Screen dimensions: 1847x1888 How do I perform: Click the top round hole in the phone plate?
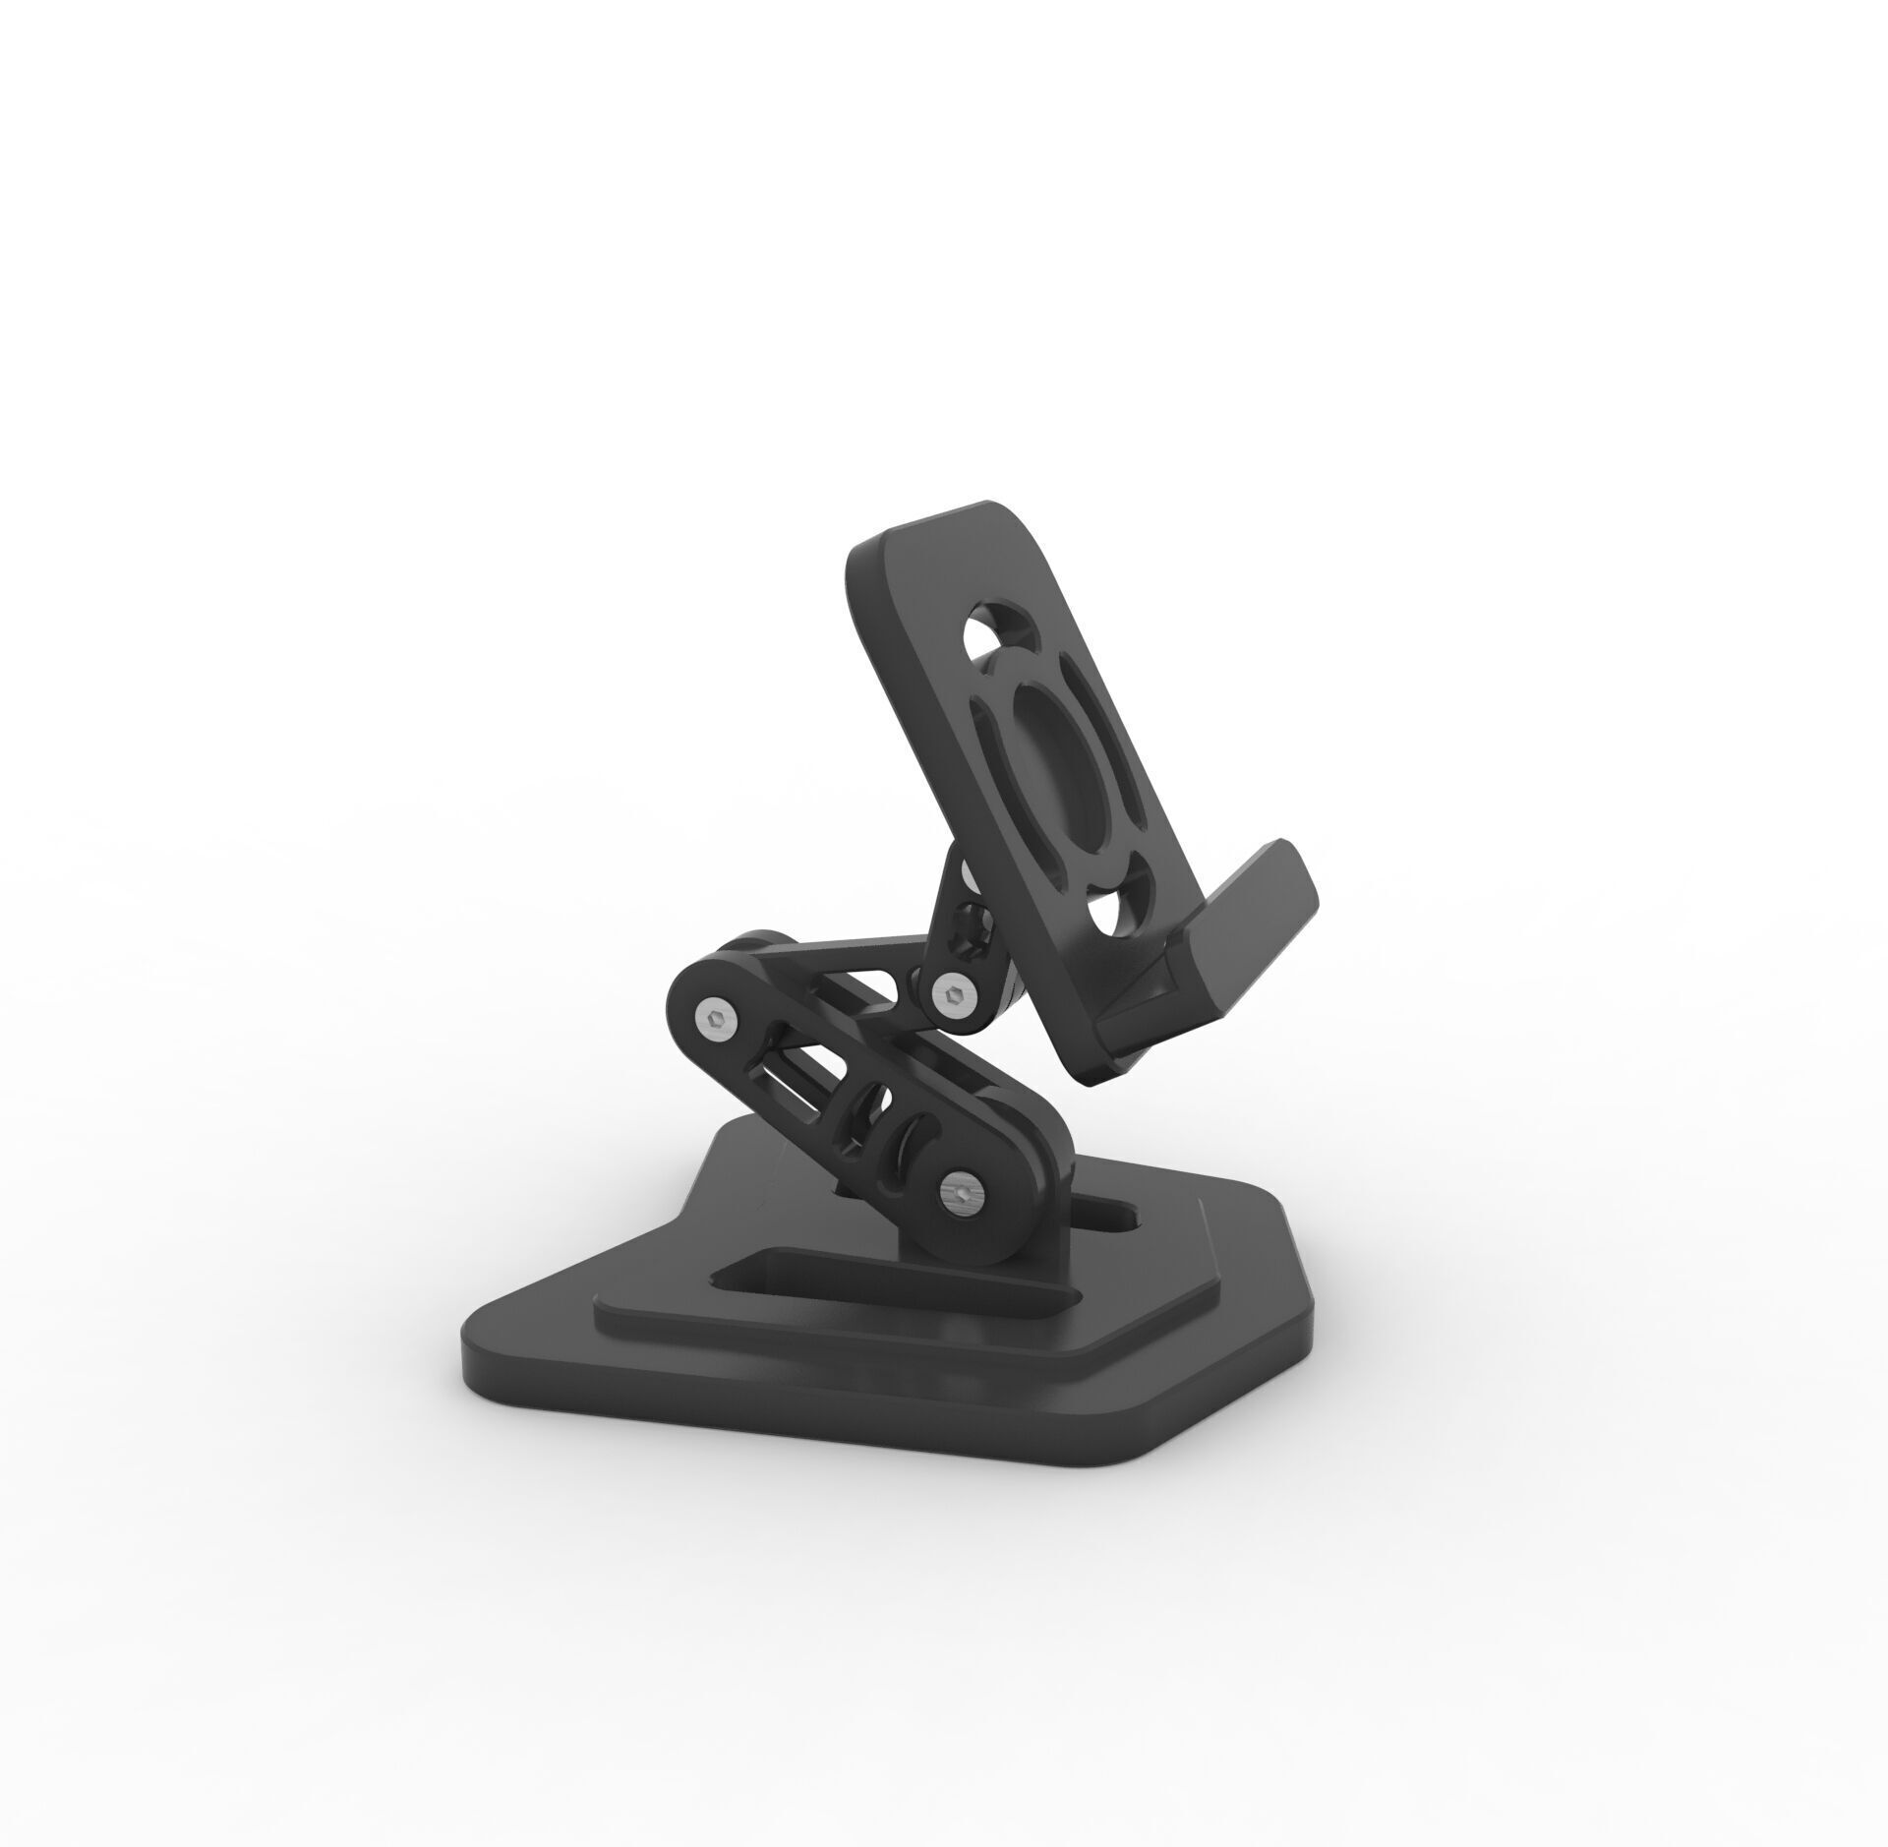coord(993,640)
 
